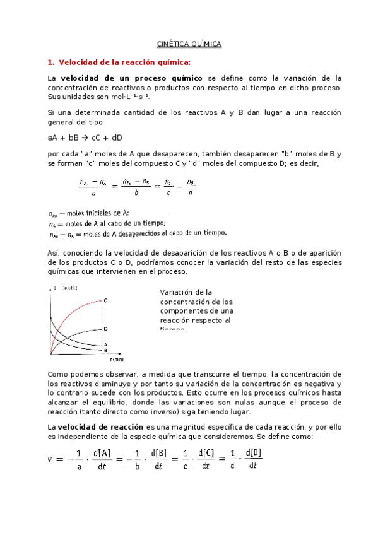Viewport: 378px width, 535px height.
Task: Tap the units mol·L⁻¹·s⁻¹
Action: (x=131, y=98)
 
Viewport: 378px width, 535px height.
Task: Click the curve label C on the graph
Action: (x=105, y=300)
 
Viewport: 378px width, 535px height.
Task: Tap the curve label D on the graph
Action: (x=105, y=329)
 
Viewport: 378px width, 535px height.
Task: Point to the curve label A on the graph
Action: (x=105, y=344)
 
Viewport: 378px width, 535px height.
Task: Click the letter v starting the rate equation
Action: (x=50, y=459)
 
